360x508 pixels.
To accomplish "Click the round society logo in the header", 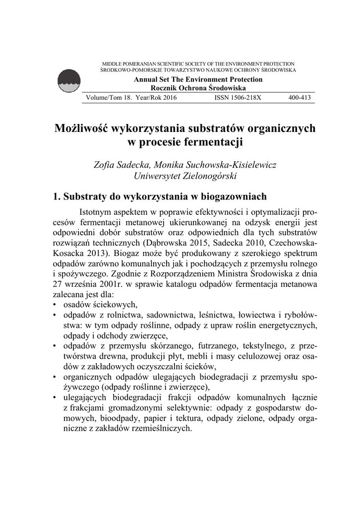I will click(69, 81).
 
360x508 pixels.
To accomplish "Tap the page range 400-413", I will click(300, 98).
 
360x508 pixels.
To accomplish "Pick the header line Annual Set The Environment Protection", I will click(198, 79).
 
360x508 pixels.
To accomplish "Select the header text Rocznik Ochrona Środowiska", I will click(198, 87).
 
